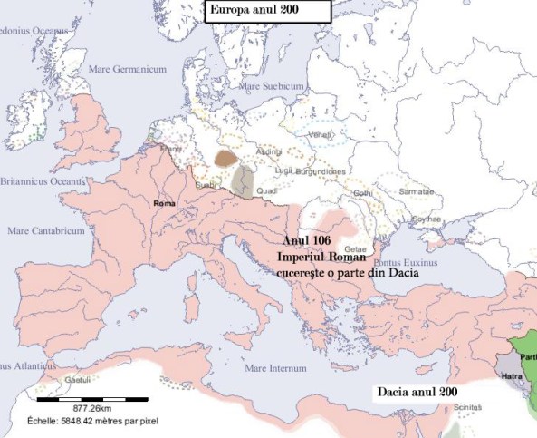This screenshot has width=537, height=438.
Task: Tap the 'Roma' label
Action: point(164,203)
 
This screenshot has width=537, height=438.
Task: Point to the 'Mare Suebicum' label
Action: point(272,85)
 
